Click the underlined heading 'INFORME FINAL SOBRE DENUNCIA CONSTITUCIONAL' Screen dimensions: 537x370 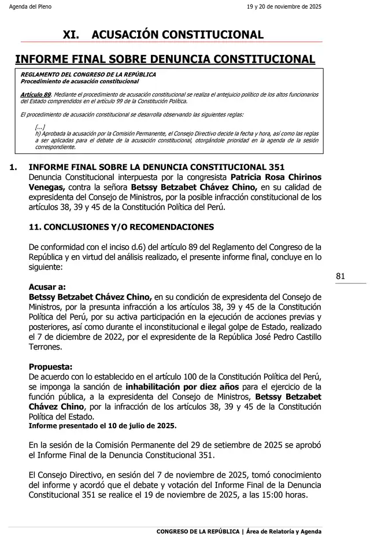(x=165, y=59)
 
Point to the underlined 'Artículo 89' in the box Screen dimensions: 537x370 (x=36, y=94)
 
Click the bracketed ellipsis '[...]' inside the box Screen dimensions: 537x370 (x=40, y=127)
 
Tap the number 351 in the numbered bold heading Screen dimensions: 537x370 (x=277, y=167)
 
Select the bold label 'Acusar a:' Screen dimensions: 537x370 (x=47, y=286)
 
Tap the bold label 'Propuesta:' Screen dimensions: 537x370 (x=50, y=367)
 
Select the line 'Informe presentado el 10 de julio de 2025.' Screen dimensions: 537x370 (x=102, y=425)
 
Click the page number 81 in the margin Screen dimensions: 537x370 (x=340, y=277)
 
